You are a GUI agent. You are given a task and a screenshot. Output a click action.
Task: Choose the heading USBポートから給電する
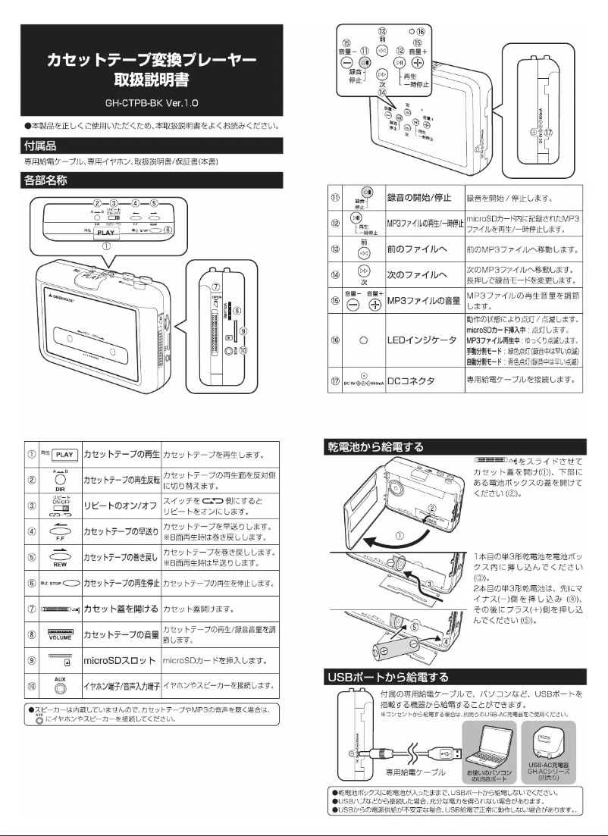click(x=386, y=677)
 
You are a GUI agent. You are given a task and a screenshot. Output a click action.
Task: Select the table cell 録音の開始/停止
click(x=421, y=198)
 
